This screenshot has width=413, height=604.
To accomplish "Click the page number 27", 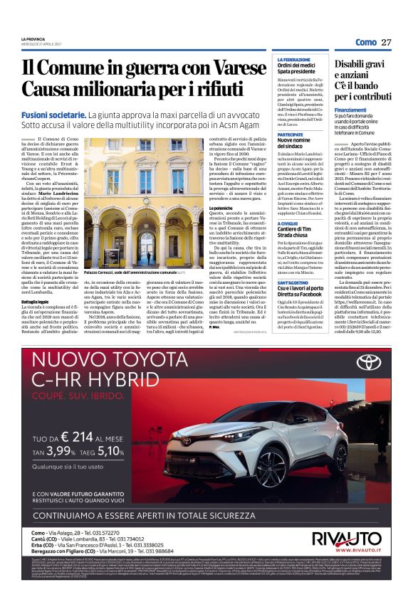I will tap(387, 43).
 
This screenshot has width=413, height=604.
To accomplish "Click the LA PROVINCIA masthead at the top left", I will tap(36, 38).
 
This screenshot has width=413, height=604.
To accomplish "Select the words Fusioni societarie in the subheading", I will tap(52, 114).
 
